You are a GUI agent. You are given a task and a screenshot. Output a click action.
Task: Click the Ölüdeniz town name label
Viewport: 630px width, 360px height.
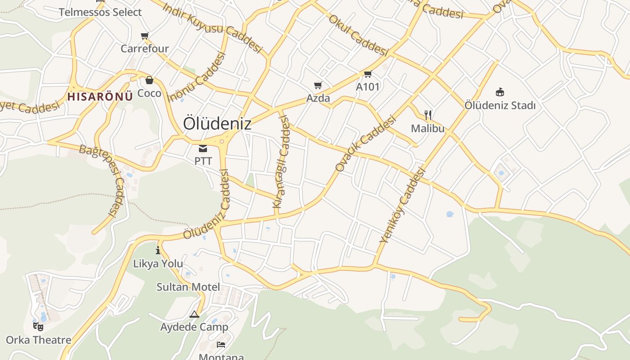pos(217,123)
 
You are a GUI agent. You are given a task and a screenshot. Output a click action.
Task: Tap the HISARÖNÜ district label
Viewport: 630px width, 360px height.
pos(100,96)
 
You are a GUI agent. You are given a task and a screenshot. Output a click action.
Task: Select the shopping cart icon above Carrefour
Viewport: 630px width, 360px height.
pos(144,36)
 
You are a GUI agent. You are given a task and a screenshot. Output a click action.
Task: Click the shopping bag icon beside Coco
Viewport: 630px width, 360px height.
pos(149,81)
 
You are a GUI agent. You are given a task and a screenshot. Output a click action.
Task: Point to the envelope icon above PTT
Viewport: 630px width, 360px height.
pos(203,148)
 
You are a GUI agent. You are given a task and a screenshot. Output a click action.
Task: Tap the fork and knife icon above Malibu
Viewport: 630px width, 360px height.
pos(427,115)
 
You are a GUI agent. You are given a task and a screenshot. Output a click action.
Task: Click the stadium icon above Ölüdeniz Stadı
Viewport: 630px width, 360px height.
pos(499,92)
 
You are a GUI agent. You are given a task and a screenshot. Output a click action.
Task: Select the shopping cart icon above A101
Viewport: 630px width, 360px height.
pos(368,74)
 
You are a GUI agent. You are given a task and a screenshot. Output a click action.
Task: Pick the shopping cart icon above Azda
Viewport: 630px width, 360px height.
pos(318,85)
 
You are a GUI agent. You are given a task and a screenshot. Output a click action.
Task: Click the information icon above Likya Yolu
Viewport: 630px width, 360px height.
pos(158,251)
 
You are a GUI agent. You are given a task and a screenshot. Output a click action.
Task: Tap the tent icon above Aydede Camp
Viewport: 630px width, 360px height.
pos(194,314)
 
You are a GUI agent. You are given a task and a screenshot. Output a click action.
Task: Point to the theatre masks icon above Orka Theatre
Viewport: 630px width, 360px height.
pos(38,326)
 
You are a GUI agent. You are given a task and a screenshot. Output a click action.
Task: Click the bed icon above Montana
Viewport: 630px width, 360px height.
pos(221,345)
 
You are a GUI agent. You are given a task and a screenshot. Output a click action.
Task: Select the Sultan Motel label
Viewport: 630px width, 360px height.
pos(188,287)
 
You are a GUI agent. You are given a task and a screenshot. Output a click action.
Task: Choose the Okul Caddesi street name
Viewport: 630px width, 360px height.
pos(358,35)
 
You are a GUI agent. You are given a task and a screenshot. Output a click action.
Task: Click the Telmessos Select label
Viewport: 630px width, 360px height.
pos(100,12)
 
